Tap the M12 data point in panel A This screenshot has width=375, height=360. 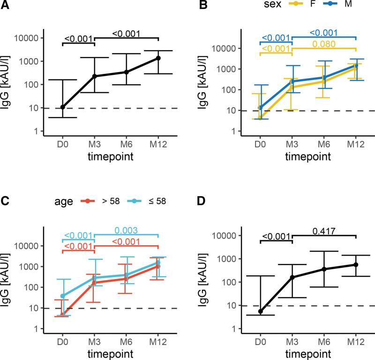coord(158,58)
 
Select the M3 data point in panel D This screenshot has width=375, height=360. coord(292,277)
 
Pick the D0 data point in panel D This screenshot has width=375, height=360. coord(260,311)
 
